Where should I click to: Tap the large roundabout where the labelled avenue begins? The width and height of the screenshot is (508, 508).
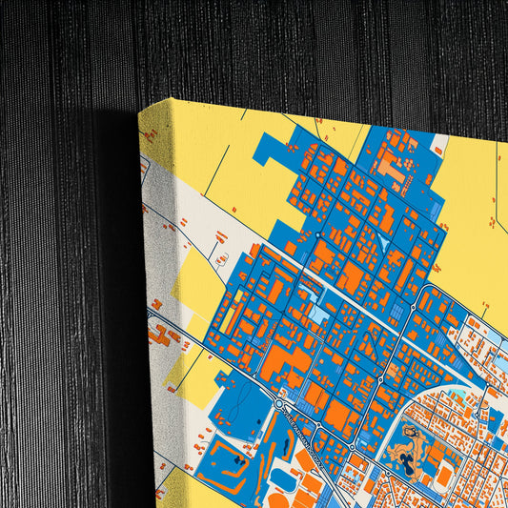[x=278, y=404]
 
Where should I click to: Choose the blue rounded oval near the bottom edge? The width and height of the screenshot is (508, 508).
[x=286, y=478]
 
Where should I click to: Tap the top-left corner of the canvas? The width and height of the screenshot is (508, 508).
[x=140, y=107]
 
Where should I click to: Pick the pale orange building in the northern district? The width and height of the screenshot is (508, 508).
[x=390, y=168]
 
